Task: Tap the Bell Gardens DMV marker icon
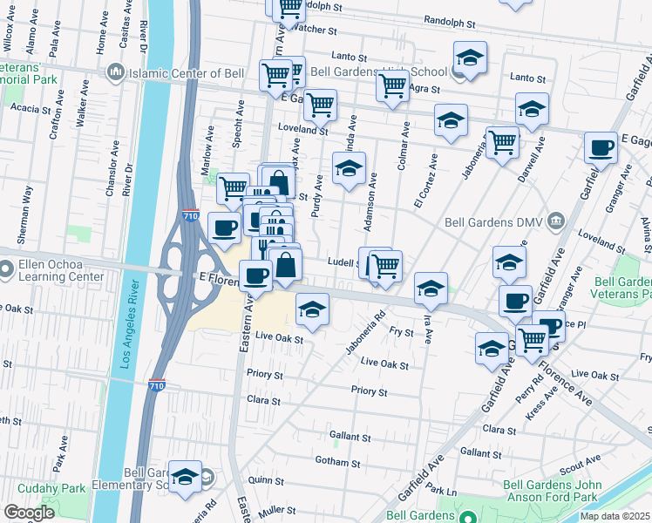pyautogui.click(x=555, y=221)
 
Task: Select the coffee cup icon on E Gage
pyautogui.click(x=600, y=146)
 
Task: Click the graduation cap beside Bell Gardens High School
pyautogui.click(x=470, y=58)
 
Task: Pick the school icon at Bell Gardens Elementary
pyautogui.click(x=185, y=476)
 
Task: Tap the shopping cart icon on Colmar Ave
pyautogui.click(x=393, y=85)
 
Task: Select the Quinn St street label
pyautogui.click(x=261, y=479)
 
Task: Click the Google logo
pyautogui.click(x=29, y=512)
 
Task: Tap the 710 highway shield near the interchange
pyautogui.click(x=190, y=215)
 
